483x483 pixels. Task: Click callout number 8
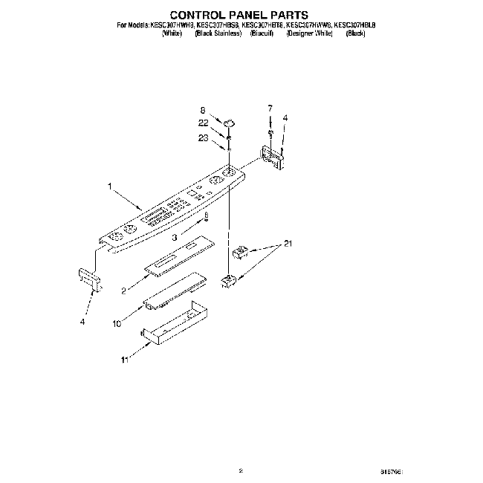point(201,110)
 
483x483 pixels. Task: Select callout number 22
point(203,123)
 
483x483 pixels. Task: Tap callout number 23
point(203,137)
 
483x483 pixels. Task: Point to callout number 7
point(270,108)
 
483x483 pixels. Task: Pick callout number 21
point(288,244)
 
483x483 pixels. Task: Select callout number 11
point(126,359)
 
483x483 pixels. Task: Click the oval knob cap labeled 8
point(229,120)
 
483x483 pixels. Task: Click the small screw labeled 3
point(206,217)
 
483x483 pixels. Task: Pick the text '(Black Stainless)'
point(218,33)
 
